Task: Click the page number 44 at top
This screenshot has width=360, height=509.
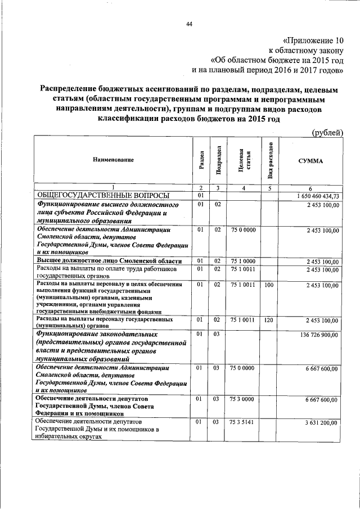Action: (189, 24)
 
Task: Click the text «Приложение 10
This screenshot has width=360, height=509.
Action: (312, 40)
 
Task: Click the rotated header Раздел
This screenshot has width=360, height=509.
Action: (201, 160)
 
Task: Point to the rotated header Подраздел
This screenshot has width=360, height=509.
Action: (217, 160)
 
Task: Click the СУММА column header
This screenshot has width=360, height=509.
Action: (310, 160)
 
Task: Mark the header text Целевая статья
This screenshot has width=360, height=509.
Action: (244, 160)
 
